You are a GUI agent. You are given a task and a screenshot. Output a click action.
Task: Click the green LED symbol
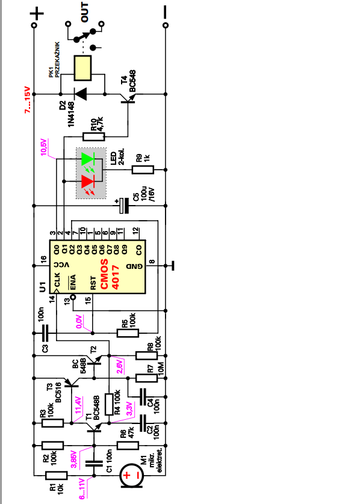click(87, 159)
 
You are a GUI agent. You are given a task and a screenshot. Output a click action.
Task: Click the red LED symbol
click(87, 182)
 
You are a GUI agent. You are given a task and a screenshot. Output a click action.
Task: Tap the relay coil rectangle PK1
click(82, 68)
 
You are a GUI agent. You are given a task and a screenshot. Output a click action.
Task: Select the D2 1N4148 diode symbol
click(81, 94)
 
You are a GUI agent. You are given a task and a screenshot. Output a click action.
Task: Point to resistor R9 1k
click(143, 170)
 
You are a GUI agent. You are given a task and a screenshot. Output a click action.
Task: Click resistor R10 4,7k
click(94, 137)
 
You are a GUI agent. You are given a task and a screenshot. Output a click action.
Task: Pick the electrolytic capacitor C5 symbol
click(123, 206)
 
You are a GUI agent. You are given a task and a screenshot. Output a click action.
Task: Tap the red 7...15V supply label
click(28, 100)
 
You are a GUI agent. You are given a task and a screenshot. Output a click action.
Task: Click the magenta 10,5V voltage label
click(44, 147)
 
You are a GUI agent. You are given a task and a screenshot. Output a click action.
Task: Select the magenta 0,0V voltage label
click(79, 321)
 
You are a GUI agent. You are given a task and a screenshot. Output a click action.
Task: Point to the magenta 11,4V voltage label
click(78, 405)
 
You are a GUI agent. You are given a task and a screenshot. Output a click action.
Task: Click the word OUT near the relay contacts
click(84, 12)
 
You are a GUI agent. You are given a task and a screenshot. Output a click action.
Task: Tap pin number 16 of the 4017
click(43, 259)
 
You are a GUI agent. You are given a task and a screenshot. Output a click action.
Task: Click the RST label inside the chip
click(93, 283)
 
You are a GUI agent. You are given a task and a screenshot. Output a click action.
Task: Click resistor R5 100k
click(128, 333)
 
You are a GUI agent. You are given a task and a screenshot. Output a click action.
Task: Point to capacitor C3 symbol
click(45, 333)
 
